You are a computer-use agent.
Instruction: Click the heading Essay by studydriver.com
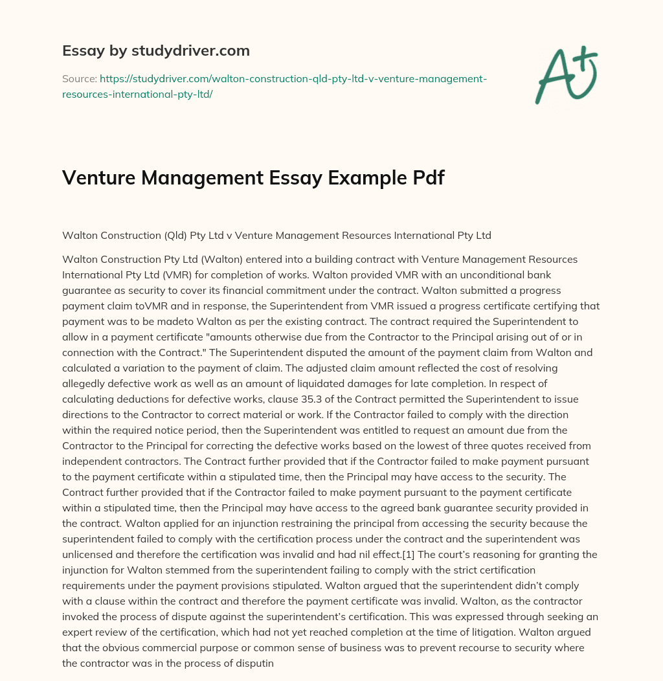155,50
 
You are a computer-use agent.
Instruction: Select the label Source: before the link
79,78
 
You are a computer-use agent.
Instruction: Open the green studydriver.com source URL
275,86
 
